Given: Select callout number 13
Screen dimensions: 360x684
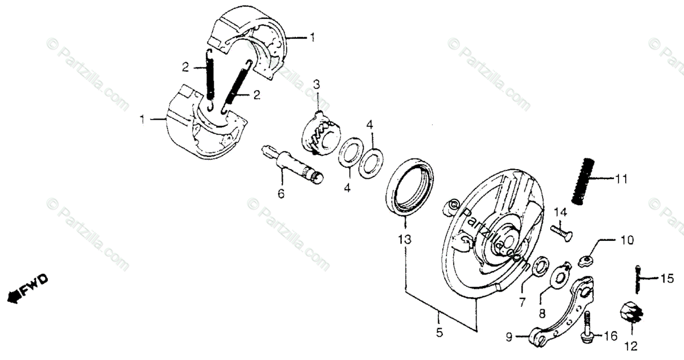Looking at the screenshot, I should tap(404, 240).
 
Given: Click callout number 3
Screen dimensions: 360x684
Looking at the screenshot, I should tap(316, 84).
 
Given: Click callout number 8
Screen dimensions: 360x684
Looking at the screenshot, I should tap(543, 312).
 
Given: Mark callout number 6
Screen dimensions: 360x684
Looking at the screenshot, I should tap(280, 194).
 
